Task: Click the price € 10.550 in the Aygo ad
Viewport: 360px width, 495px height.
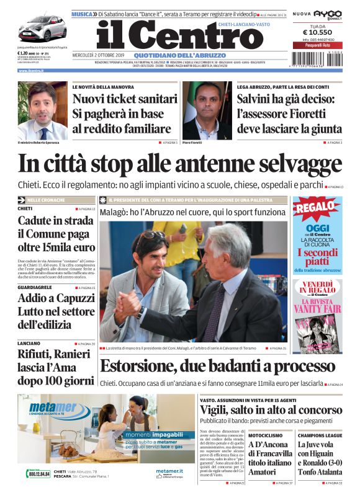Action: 317,33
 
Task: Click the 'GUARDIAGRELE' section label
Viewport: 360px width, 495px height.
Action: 35,288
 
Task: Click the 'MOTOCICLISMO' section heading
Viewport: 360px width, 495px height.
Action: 266,435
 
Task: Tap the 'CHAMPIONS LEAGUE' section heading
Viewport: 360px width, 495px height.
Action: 320,435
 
